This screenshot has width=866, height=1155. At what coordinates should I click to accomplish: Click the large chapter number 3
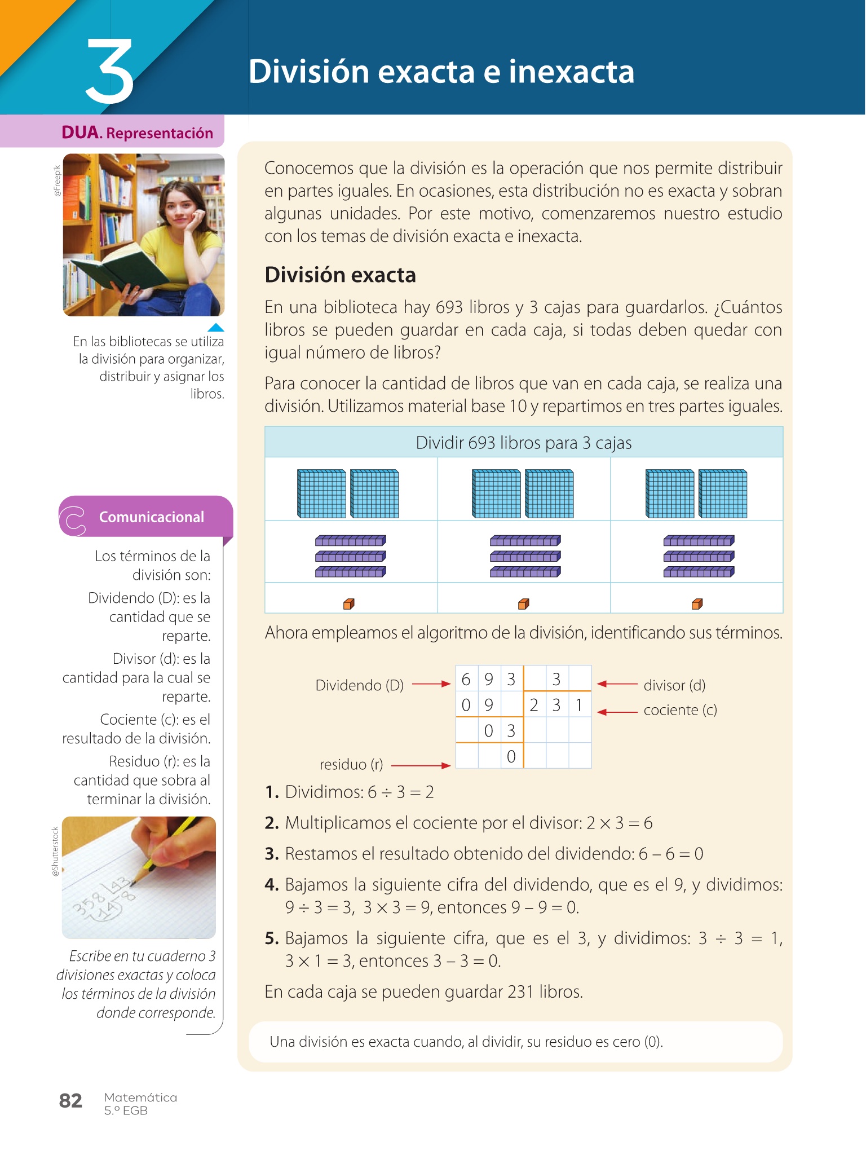(x=109, y=72)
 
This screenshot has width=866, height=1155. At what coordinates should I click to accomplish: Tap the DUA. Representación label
(x=137, y=133)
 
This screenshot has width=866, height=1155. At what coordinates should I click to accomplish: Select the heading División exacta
(x=340, y=275)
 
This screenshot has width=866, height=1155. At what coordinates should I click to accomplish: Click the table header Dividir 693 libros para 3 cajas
(x=523, y=443)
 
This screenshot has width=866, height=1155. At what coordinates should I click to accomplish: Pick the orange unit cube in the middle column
(x=523, y=604)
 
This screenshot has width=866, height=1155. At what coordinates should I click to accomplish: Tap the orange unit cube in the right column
(x=697, y=604)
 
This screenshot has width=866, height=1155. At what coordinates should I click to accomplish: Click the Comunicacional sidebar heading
(x=151, y=517)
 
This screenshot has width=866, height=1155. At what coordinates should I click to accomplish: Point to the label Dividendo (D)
(x=359, y=685)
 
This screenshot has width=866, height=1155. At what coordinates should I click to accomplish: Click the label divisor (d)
(x=674, y=685)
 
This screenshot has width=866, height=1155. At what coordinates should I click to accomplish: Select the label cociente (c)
(x=680, y=710)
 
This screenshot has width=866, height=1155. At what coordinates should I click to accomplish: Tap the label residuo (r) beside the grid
(x=351, y=764)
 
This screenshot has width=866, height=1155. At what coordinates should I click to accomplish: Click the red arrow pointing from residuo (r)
(x=420, y=765)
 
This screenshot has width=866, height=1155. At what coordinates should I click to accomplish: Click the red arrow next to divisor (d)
(x=617, y=684)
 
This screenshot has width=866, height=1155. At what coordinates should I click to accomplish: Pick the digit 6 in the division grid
(x=466, y=680)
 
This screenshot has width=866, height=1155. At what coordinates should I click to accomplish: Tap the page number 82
(x=70, y=1100)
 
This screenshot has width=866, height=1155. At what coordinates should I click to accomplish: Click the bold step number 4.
(x=272, y=884)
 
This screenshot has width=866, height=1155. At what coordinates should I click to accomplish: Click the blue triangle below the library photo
(x=215, y=327)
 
